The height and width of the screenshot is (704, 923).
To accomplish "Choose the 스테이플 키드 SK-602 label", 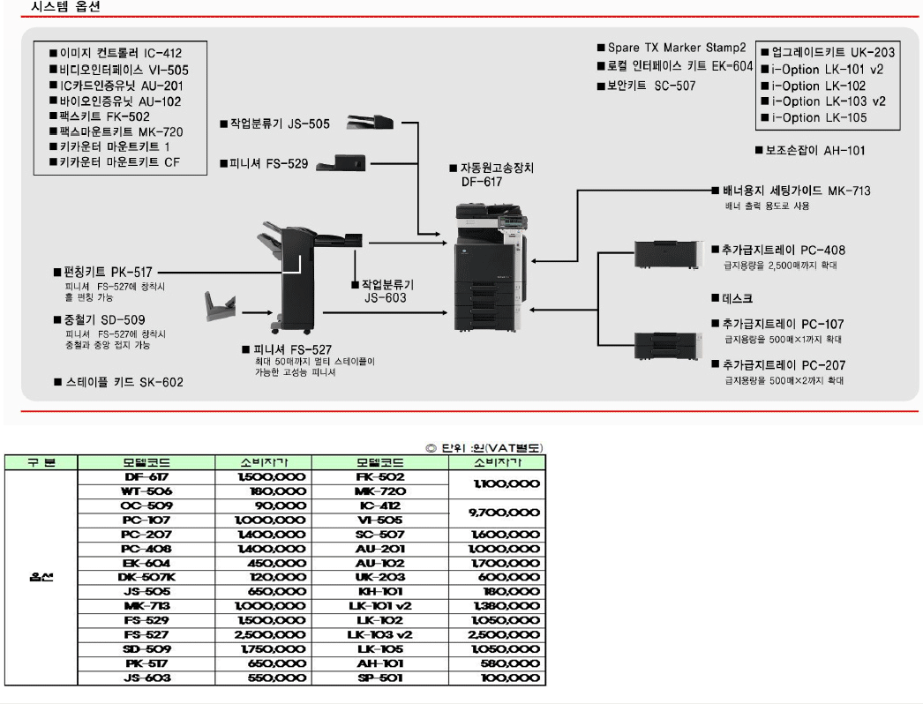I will tap(118, 382).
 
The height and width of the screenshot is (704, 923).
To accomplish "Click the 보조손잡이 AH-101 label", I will tap(810, 150).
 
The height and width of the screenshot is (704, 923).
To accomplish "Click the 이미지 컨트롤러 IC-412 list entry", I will tap(115, 54).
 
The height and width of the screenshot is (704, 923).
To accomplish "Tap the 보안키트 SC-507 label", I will tap(646, 86).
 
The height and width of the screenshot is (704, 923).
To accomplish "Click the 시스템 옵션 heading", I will tap(66, 6).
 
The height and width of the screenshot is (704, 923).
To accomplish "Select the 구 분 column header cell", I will tap(41, 462).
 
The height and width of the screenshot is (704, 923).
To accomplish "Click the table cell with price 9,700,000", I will tap(498, 512).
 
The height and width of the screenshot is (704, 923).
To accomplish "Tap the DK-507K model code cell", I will tap(146, 577).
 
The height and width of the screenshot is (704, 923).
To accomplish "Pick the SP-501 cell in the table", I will tap(380, 678).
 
